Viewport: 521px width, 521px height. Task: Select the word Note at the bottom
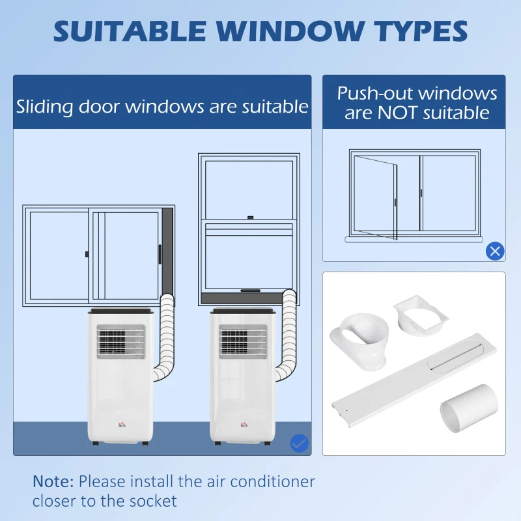[53, 482]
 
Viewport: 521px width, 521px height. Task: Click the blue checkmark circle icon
[299, 444]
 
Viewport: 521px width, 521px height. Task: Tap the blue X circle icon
[495, 251]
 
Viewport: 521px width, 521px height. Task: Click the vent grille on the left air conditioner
[120, 342]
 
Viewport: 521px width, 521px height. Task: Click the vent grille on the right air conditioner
[243, 342]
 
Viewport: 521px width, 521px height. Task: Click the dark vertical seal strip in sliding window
[168, 251]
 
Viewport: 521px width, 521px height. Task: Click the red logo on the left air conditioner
[118, 425]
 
